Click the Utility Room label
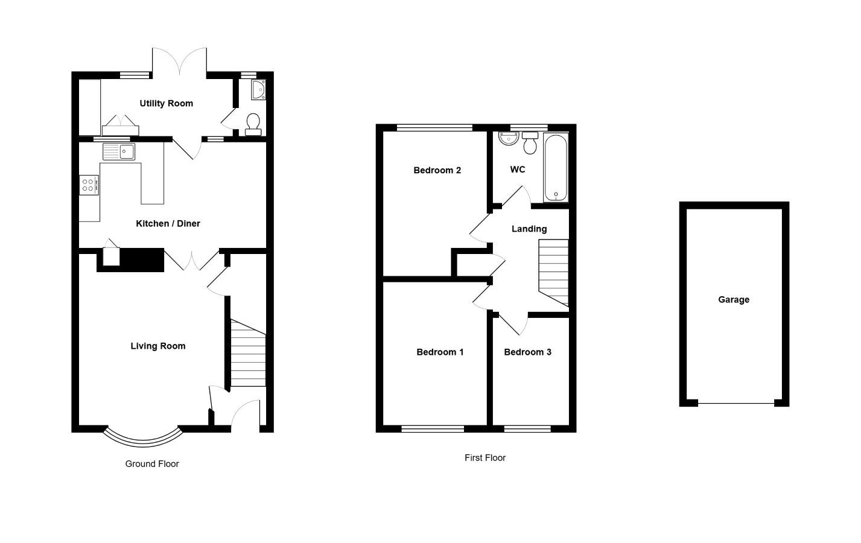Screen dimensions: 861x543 pos(166,103)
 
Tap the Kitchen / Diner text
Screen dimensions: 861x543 pos(168,224)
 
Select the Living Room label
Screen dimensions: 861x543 pos(158,346)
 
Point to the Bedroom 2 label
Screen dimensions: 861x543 pos(437,170)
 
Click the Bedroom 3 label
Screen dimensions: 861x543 pos(528,352)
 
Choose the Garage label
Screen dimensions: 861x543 pos(734,300)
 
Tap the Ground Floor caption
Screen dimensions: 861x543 pos(152,464)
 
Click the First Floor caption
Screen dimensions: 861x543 pos(485,458)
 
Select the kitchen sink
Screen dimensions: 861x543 pos(119,151)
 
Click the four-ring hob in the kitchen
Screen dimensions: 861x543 pos(89,185)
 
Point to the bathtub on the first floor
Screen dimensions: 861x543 pos(556,168)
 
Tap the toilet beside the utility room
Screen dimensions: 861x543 pos(253,124)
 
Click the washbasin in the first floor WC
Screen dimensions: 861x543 pos(509,139)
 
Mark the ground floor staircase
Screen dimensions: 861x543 pos(248,353)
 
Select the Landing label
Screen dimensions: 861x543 pos(529,229)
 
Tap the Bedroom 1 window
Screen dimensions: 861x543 pos(433,429)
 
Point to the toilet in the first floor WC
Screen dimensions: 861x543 pos(530,143)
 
